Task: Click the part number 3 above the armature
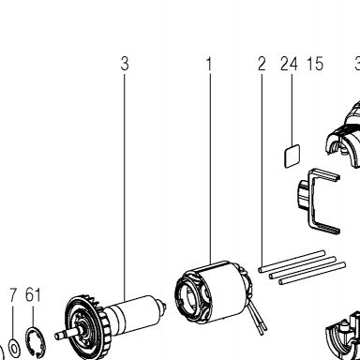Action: point(125,64)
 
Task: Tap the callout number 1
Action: point(209,64)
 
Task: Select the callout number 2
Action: point(262,64)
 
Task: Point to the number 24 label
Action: point(289,64)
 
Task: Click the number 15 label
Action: point(315,64)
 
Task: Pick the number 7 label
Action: point(13,294)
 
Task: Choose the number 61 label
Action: point(33,294)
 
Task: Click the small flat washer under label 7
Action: point(14,347)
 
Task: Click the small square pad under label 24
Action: point(292,156)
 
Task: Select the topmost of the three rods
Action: point(292,262)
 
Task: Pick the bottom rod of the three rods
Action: point(312,274)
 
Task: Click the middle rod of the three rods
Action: point(302,267)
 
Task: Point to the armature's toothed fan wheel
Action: point(84,326)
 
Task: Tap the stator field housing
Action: point(213,292)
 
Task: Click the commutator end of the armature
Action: point(161,307)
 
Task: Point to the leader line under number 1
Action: point(210,168)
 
